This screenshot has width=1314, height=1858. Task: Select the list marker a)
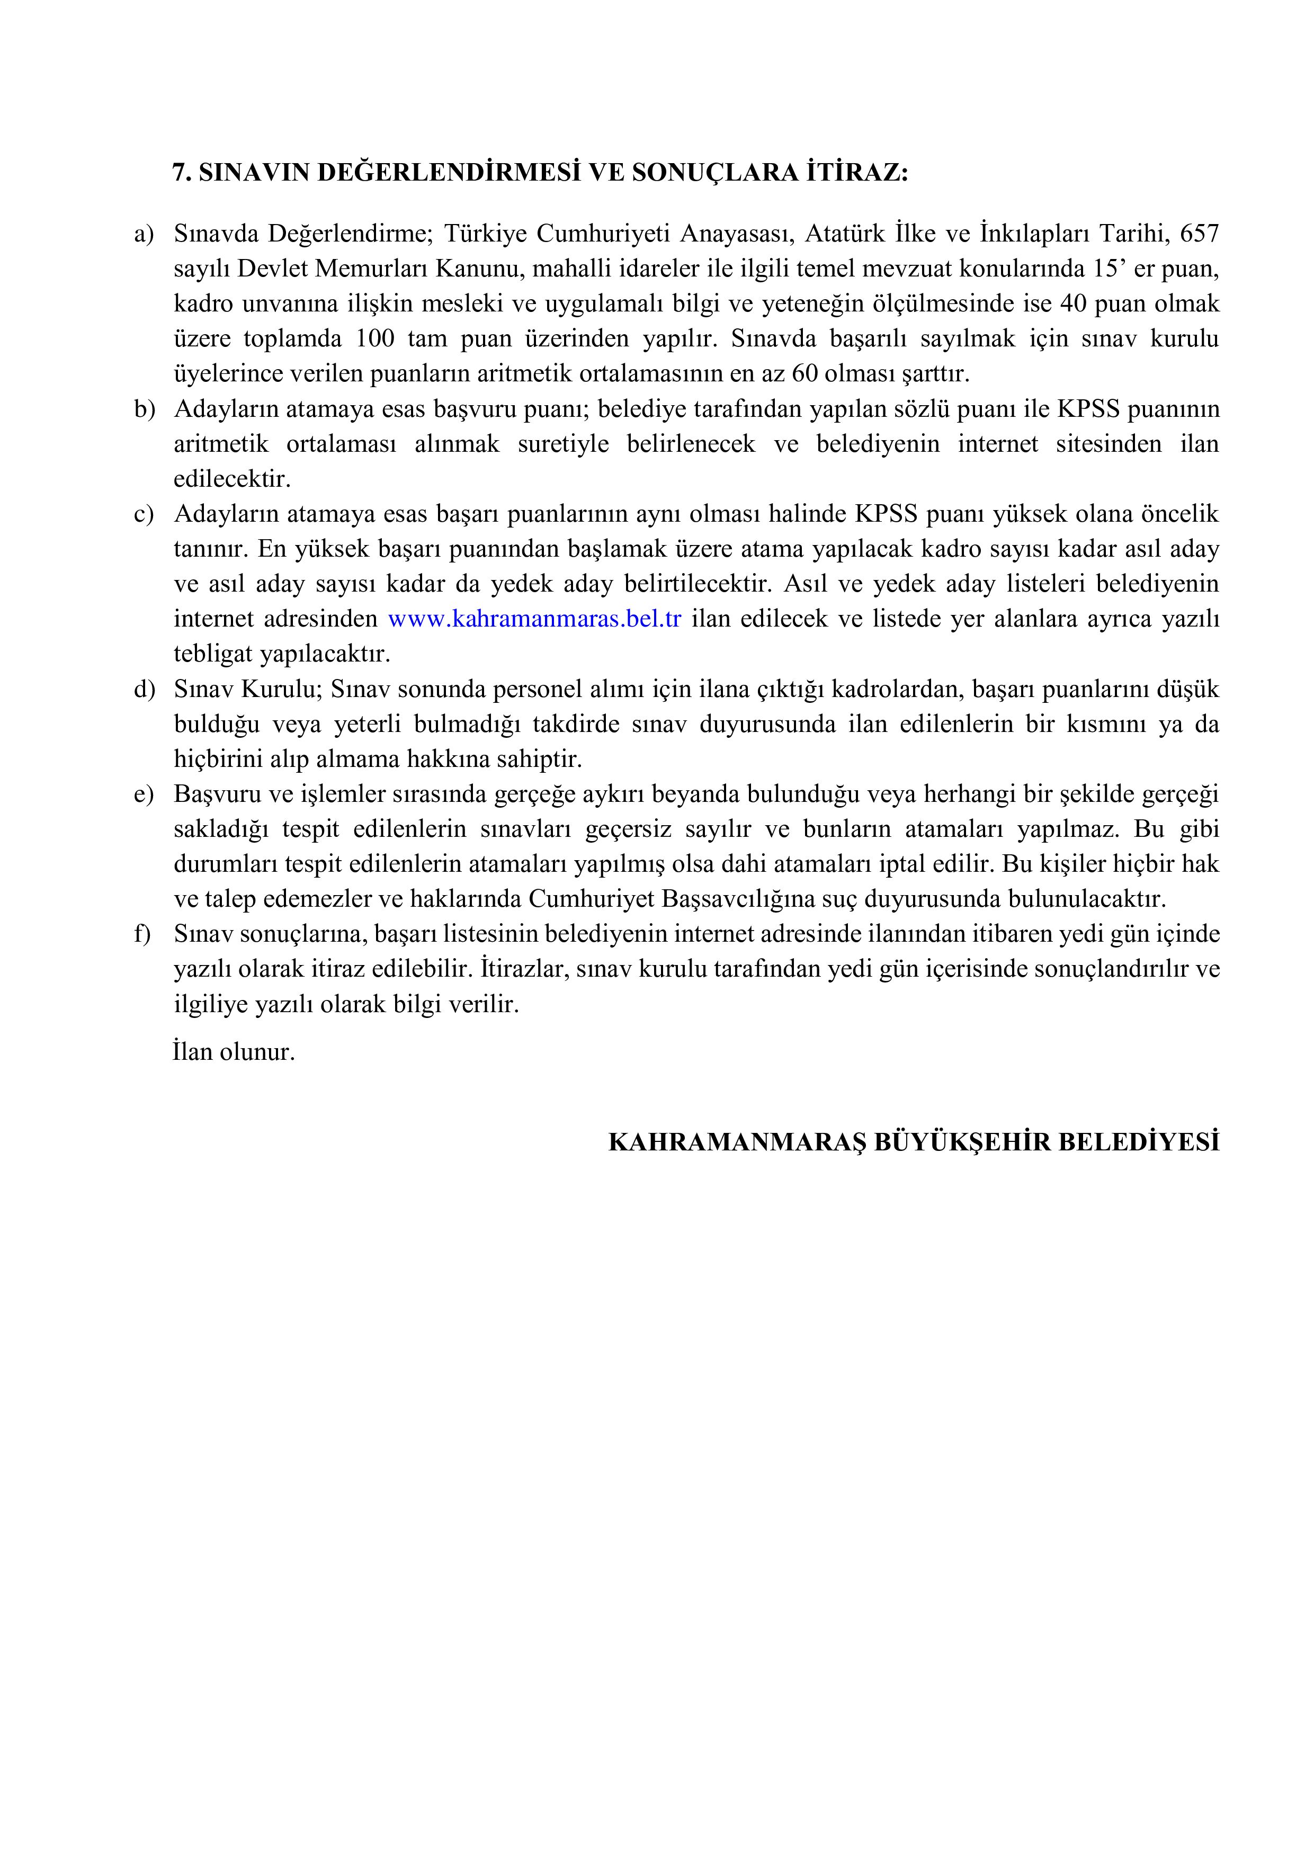click(143, 235)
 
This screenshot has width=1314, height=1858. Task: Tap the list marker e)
click(143, 794)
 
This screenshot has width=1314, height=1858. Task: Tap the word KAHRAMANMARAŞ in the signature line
click(737, 1142)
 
